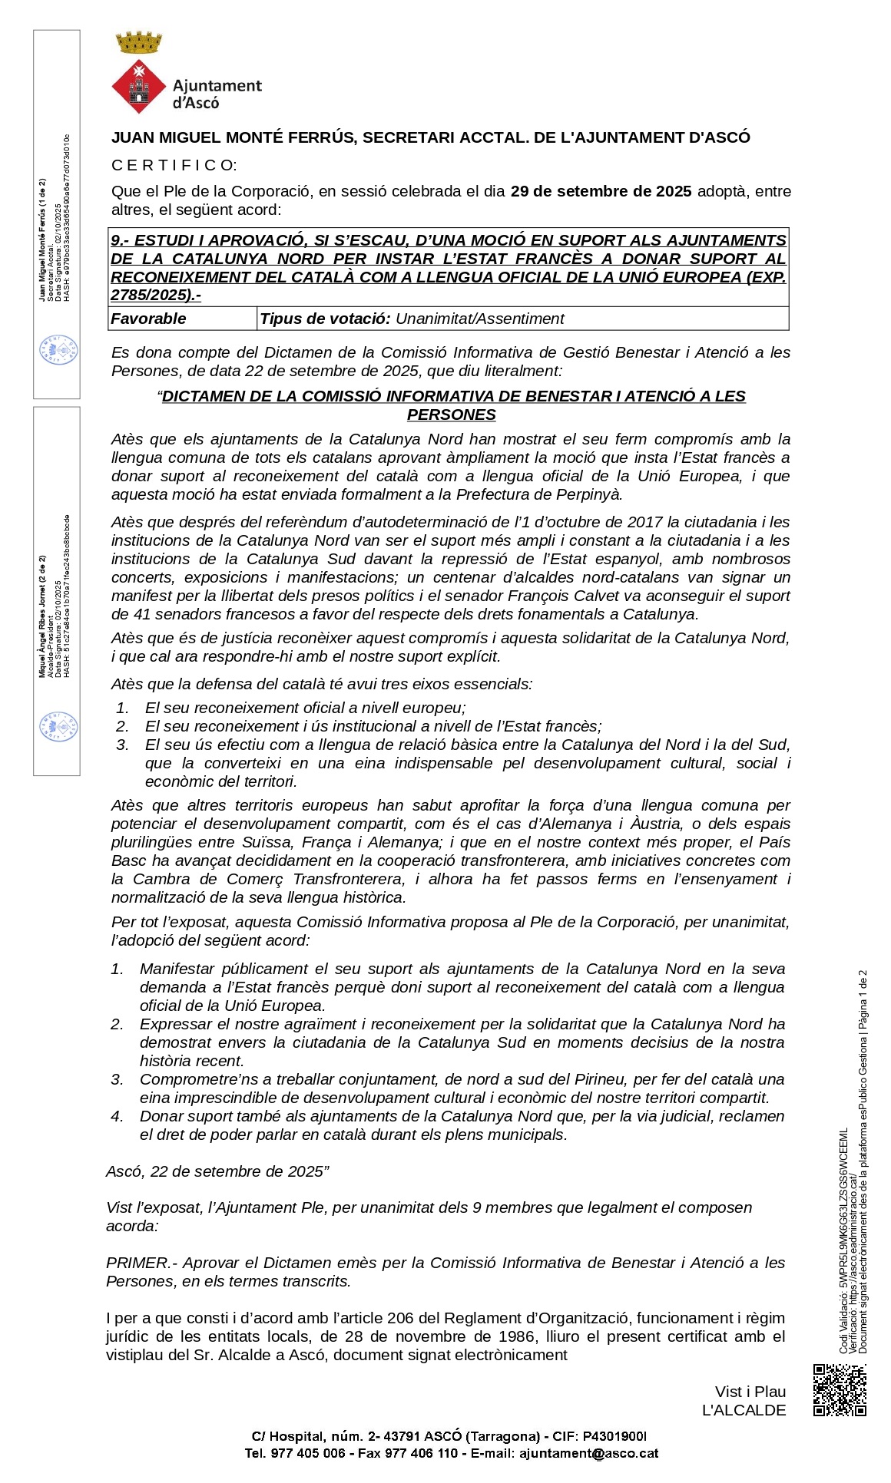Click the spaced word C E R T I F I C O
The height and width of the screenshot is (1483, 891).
click(x=174, y=165)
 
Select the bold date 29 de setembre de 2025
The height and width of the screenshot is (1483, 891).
click(x=601, y=191)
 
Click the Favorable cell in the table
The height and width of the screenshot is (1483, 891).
click(x=149, y=319)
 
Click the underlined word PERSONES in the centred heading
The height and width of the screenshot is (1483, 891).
click(x=452, y=415)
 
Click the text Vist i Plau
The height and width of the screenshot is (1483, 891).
click(x=750, y=1392)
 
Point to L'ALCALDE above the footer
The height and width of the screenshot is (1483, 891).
click(x=744, y=1410)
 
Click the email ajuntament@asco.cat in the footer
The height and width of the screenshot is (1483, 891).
click(x=588, y=1453)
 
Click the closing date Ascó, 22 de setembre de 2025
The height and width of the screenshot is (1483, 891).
click(x=215, y=1171)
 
